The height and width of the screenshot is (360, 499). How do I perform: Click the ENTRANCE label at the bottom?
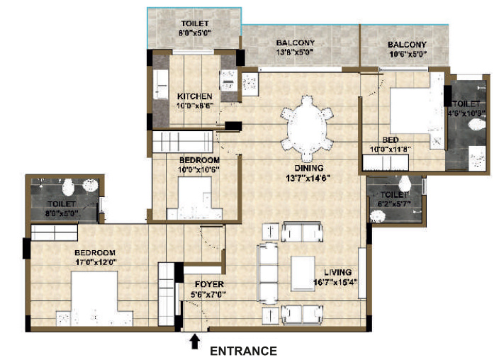[243, 351]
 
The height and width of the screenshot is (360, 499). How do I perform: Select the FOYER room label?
[209, 284]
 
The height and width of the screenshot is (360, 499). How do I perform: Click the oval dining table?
[307, 128]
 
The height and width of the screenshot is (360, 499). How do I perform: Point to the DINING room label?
[309, 168]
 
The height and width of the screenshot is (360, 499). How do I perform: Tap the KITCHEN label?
[194, 96]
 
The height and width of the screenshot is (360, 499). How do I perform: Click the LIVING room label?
[337, 272]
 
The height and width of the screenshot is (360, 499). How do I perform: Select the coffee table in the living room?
[303, 274]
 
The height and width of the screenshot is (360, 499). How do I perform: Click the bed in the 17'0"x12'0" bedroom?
[94, 298]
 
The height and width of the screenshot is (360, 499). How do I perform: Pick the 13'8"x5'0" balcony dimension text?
[295, 52]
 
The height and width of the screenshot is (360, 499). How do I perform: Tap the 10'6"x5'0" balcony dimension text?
[408, 55]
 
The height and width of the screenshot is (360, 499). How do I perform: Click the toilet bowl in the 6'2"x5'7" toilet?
[405, 184]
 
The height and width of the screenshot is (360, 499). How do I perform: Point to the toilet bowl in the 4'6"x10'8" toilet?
[477, 124]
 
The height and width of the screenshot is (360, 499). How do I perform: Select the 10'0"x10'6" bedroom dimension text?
[199, 169]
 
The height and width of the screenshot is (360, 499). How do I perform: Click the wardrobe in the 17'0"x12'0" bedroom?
[55, 232]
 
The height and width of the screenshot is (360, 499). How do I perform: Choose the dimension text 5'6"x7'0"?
[208, 295]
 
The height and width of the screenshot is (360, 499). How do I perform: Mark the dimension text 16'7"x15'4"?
[336, 282]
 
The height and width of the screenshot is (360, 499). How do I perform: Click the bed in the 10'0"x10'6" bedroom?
[194, 198]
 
